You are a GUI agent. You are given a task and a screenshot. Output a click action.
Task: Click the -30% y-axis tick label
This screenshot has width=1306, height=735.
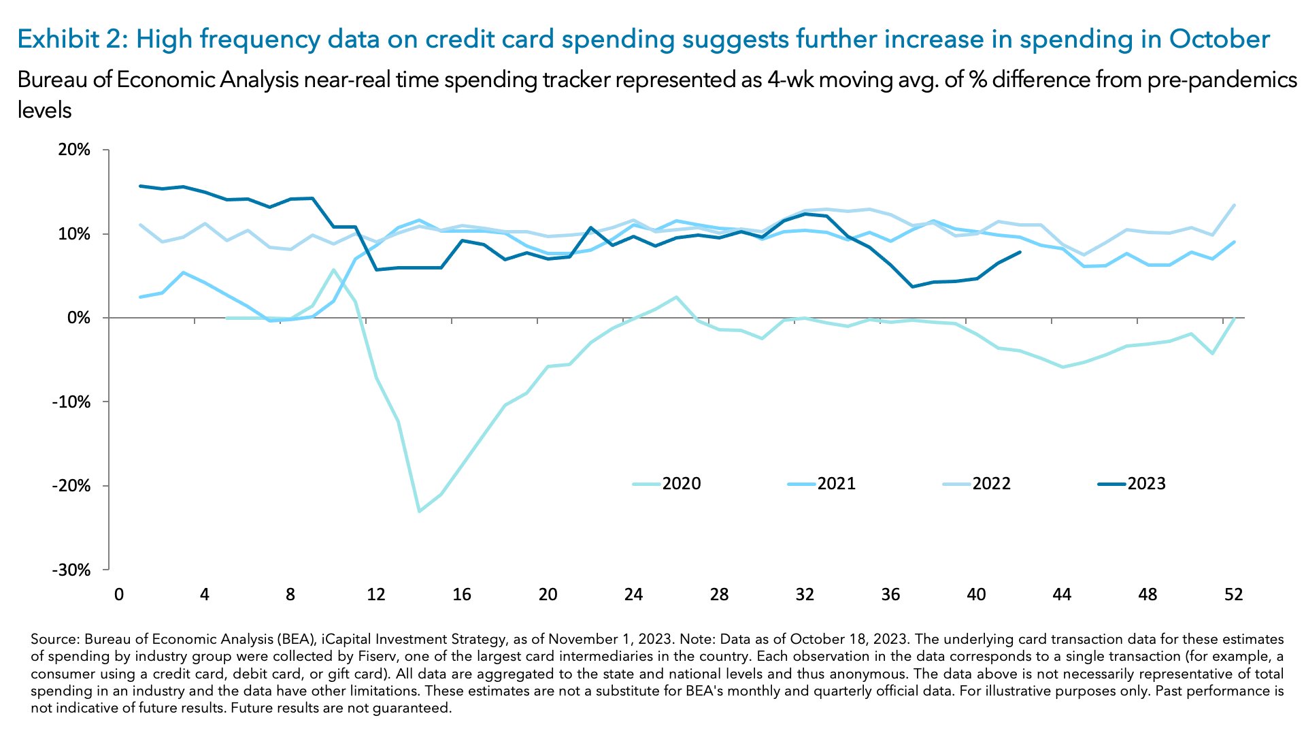(x=71, y=570)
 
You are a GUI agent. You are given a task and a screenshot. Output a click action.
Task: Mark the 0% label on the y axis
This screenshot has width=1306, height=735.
(x=78, y=318)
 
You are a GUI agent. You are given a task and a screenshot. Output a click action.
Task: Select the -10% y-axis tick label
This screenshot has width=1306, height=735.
(x=71, y=402)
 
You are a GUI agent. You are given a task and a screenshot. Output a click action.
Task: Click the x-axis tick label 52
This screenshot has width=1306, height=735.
(x=1233, y=595)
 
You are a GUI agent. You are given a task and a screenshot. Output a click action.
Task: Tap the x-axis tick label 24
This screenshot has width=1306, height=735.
(x=633, y=595)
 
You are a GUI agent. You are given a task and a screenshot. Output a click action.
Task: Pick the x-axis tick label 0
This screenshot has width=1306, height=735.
(x=119, y=595)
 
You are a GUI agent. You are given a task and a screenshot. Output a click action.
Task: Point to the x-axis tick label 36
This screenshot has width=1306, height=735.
(x=890, y=595)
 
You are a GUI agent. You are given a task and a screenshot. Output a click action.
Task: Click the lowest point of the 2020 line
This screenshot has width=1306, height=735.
(x=419, y=511)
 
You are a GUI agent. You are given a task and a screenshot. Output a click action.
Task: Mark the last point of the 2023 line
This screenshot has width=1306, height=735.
(x=1020, y=252)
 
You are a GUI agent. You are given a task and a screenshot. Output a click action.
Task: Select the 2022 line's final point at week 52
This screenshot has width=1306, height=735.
(x=1234, y=206)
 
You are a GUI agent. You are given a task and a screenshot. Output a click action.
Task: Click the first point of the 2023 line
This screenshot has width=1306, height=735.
(x=140, y=186)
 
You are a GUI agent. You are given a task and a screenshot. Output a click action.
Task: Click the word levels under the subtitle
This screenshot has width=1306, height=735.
(x=44, y=110)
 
